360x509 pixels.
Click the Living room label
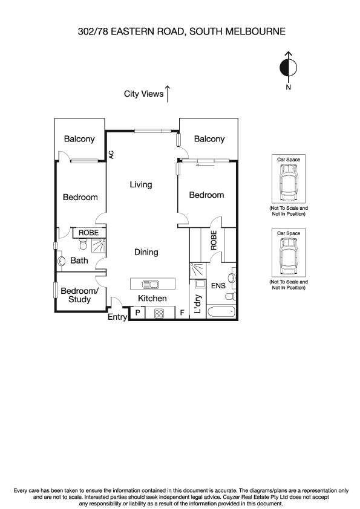click(141, 185)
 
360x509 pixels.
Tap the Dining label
click(146, 252)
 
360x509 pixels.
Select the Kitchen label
click(152, 299)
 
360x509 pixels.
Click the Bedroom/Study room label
click(80, 295)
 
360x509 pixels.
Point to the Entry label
click(117, 317)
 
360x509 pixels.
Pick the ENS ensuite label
click(218, 285)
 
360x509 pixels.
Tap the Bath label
click(79, 261)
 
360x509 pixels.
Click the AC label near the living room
click(112, 155)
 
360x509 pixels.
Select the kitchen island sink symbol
click(150, 284)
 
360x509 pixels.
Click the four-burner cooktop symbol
click(160, 313)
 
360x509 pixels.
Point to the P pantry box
click(138, 313)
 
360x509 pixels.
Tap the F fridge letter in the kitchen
click(182, 313)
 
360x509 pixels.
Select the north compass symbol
click(289, 68)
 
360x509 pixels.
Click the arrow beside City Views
click(168, 93)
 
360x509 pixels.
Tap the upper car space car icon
click(289, 184)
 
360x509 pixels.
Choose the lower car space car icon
click(289, 257)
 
